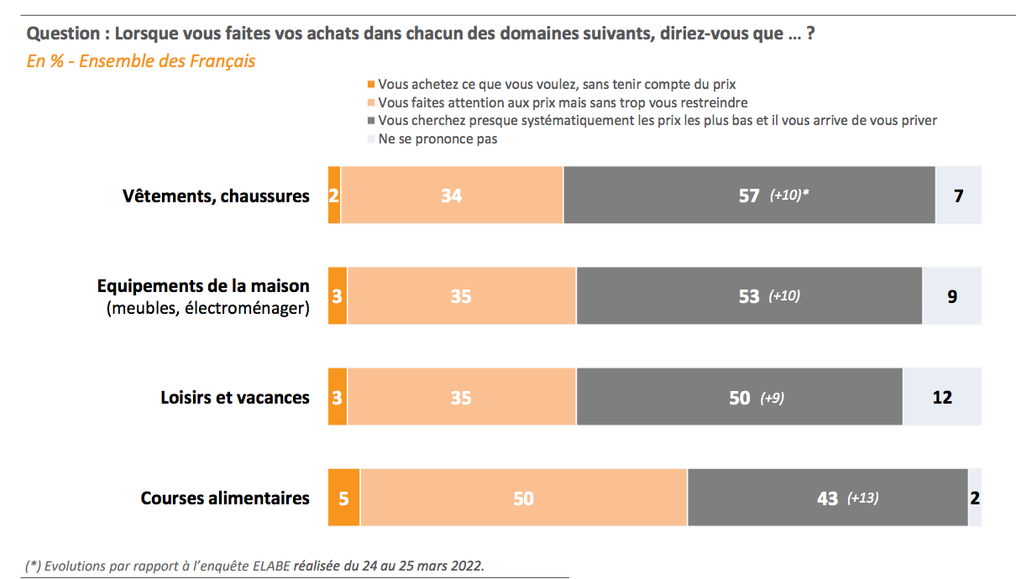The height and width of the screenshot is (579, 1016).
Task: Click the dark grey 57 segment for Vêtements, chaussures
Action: point(749,195)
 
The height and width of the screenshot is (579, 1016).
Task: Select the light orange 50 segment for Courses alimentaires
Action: point(524,498)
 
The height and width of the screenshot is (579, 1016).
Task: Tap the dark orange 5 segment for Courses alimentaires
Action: point(343,498)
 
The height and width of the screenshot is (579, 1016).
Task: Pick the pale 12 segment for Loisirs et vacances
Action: point(942,397)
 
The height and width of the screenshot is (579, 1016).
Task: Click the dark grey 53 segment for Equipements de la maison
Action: point(749,295)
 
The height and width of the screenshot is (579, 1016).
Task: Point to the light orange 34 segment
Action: point(452,195)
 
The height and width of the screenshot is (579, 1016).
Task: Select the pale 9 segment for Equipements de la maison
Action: point(952,295)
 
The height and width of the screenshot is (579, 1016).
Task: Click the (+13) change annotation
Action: point(862,498)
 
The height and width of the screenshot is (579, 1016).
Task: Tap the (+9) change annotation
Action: point(772,398)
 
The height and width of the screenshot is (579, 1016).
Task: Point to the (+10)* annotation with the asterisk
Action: point(789,195)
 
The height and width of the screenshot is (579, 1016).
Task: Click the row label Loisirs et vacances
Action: point(235,397)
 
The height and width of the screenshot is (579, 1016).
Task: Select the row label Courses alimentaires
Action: point(225,498)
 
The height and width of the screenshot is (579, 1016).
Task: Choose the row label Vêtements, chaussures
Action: point(216,196)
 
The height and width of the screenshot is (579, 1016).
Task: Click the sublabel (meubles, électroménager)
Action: point(208,308)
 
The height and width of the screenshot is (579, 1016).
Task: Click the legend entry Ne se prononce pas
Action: point(437,138)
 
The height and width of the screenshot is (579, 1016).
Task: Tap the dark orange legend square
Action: point(371,85)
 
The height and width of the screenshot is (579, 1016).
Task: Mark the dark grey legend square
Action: point(371,121)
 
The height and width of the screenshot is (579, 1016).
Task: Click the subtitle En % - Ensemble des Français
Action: point(141,61)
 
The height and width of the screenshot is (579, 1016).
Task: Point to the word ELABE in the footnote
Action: point(271,566)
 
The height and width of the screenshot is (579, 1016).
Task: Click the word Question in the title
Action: point(63,34)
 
